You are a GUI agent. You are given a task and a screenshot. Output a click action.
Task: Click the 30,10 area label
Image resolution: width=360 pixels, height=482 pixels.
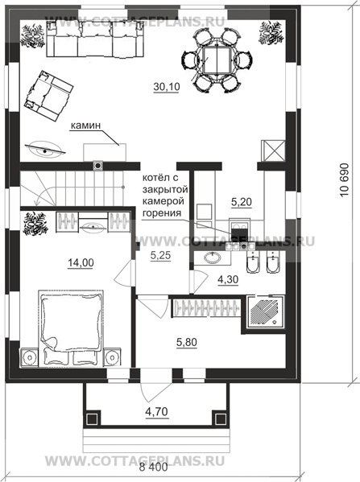(167, 87)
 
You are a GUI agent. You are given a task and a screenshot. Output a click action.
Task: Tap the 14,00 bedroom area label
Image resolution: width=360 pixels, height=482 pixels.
(81, 263)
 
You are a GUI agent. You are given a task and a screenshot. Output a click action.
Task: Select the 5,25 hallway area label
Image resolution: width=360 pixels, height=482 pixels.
(160, 255)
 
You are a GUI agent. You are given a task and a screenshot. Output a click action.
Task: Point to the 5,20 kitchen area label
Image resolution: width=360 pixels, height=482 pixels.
(242, 202)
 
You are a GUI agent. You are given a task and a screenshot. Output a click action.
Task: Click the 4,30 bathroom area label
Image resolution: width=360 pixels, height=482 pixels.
(228, 279)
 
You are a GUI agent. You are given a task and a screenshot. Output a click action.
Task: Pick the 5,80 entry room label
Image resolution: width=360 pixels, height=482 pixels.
(187, 342)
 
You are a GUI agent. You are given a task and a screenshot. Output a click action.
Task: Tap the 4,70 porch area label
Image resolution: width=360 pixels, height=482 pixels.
(157, 411)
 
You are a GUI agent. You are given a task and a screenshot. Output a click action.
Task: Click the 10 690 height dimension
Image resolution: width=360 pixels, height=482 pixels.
(345, 179)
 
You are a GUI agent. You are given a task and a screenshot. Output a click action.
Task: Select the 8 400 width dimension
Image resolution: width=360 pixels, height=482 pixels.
(154, 468)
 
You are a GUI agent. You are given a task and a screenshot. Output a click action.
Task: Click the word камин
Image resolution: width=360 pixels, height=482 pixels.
(86, 126)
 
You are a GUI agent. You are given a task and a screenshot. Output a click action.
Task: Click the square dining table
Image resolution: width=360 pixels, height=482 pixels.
(217, 60)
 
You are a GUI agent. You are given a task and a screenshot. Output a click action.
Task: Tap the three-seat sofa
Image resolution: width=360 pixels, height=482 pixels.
(95, 39)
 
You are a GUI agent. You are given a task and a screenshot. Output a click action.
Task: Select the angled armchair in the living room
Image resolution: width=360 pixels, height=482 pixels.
(48, 96)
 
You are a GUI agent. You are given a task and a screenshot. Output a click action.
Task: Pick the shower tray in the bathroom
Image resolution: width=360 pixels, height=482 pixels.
(265, 312)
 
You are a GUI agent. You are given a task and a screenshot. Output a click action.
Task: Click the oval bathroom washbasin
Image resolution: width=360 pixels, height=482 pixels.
(213, 257)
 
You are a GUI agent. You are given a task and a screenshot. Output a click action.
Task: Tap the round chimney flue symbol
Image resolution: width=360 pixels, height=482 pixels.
(98, 166)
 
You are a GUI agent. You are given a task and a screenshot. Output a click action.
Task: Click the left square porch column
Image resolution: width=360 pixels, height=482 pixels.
(92, 418)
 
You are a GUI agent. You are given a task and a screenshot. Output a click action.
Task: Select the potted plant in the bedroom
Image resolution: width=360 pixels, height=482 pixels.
(35, 224)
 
